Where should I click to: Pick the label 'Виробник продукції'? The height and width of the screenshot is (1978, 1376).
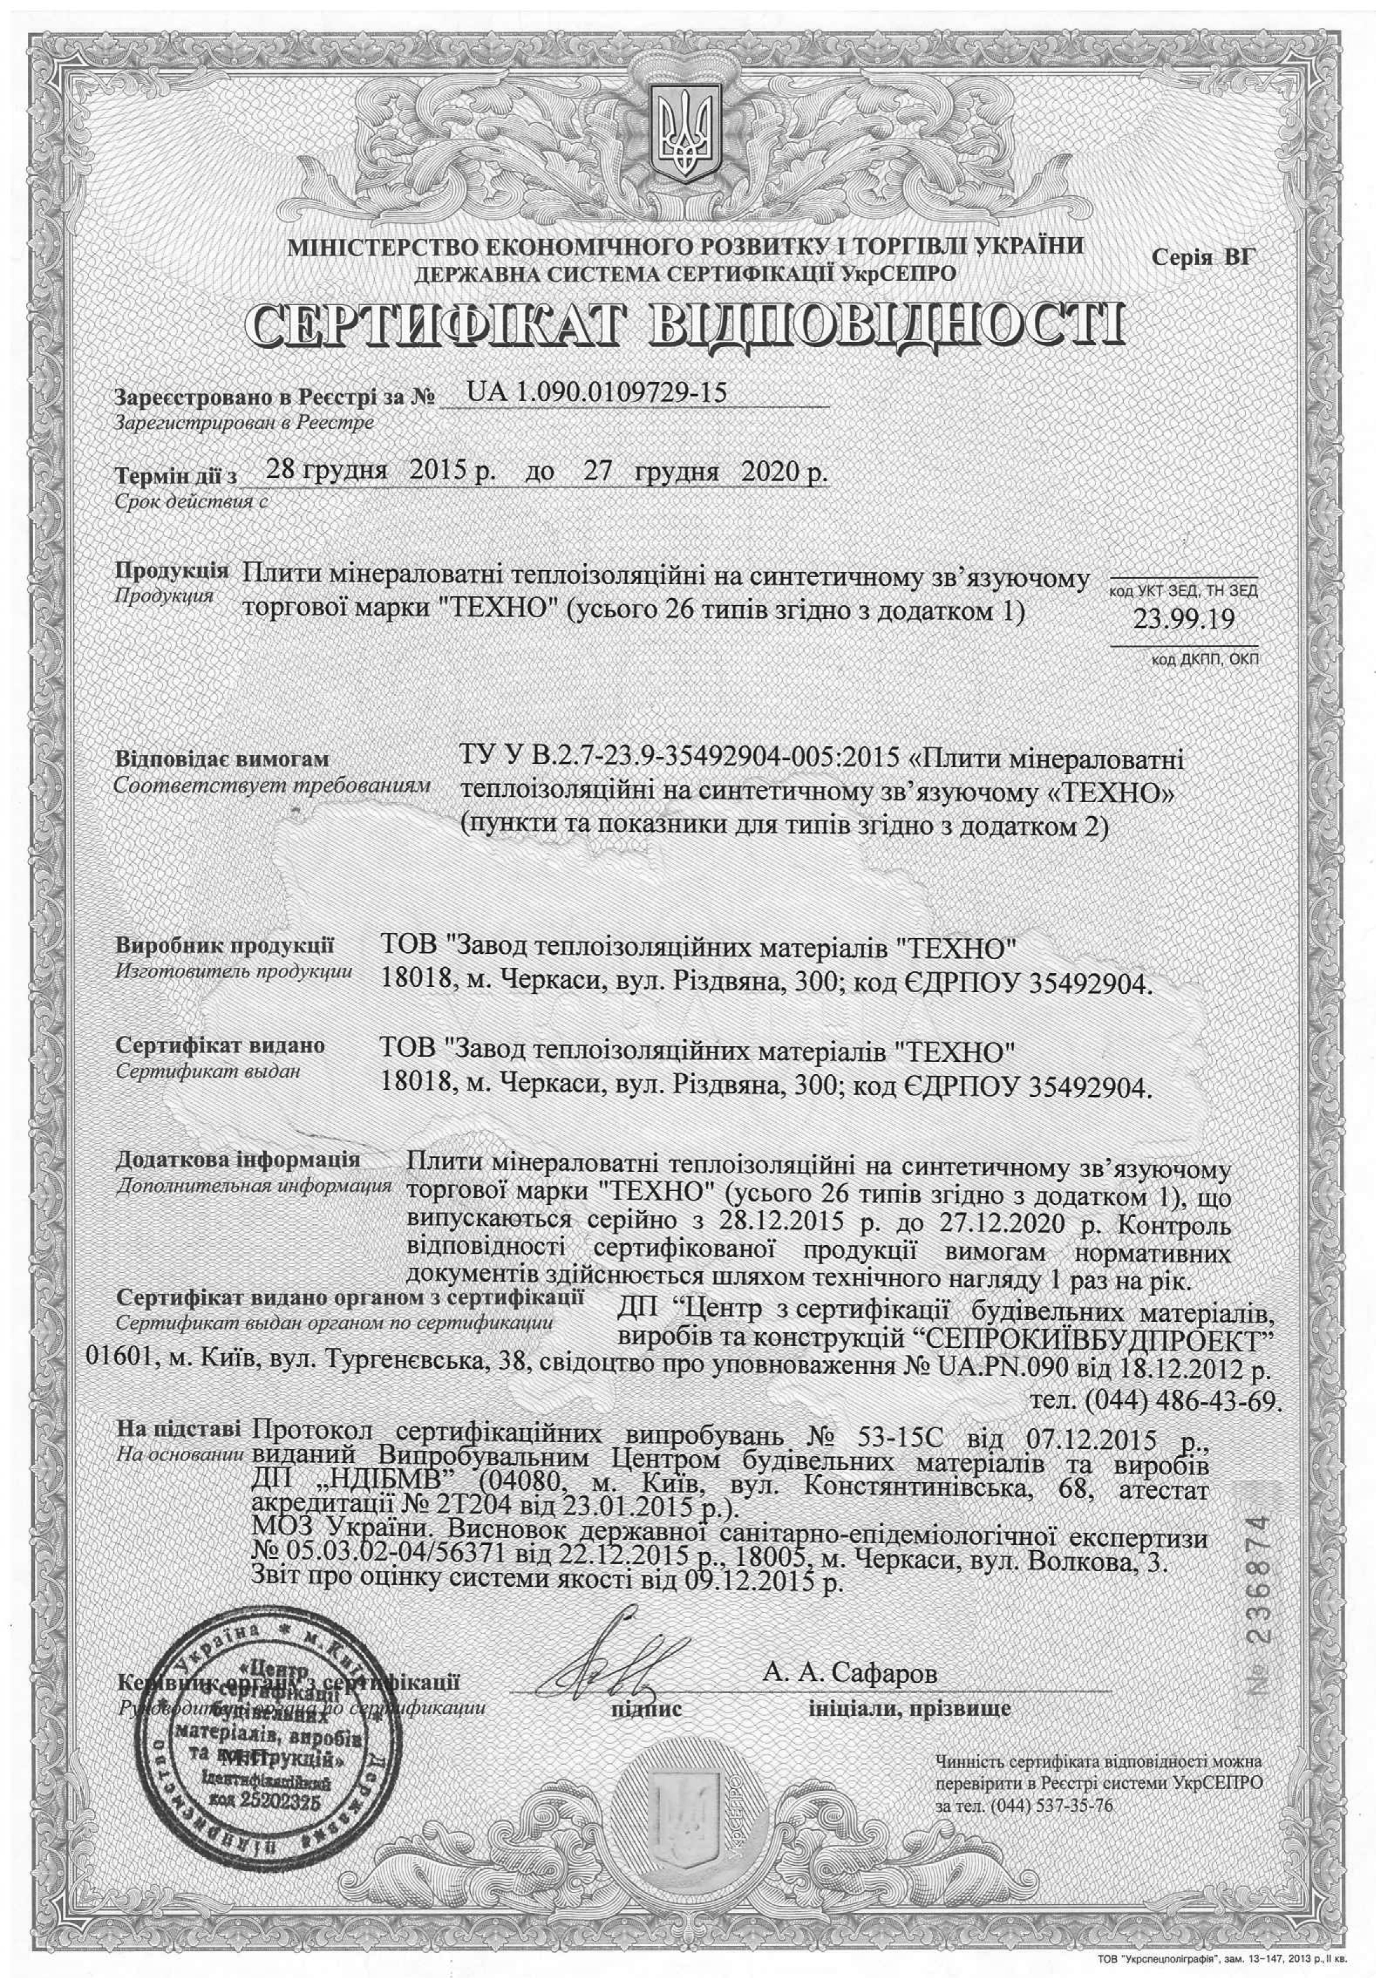point(225,947)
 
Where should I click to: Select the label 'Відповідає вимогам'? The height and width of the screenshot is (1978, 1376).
point(222,761)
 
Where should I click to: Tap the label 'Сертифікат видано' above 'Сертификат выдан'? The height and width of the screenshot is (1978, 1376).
point(220,1046)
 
